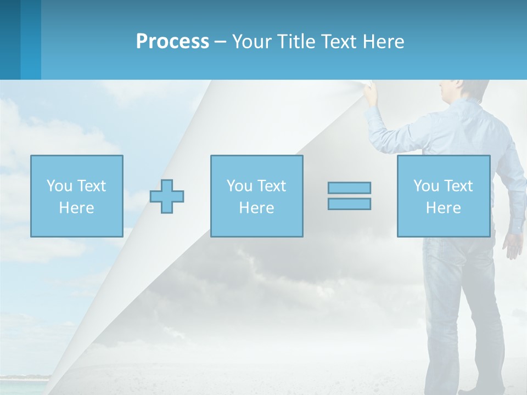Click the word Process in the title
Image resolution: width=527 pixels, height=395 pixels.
172,42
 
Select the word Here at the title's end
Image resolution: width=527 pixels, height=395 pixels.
383,42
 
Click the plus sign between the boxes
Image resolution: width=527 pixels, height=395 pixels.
167,196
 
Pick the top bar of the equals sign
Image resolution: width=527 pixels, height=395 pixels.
349,188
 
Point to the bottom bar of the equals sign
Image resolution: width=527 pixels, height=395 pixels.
349,204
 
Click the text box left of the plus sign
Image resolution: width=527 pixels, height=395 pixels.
77,196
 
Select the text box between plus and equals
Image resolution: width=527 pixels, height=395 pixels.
256,196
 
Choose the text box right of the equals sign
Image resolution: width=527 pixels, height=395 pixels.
443,196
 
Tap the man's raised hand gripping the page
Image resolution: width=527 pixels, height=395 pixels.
372,93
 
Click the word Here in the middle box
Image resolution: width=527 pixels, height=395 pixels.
256,208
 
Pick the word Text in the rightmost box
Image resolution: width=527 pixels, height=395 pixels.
459,186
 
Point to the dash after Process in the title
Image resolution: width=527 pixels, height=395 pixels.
221,42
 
